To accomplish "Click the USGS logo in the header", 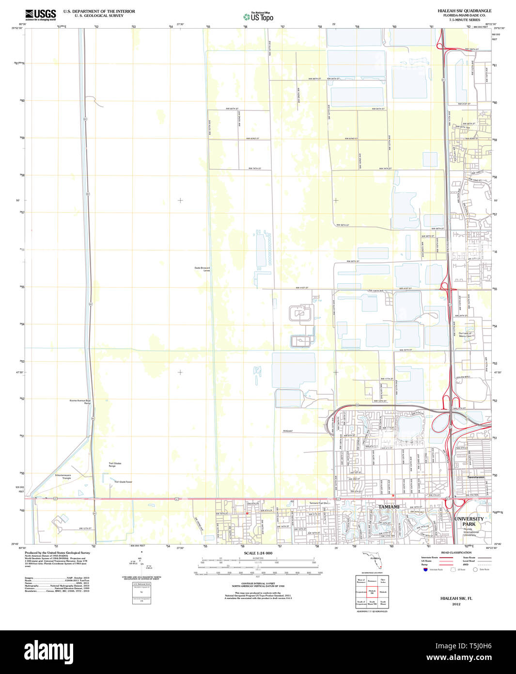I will point(41,15).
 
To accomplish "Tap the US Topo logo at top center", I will point(258,16).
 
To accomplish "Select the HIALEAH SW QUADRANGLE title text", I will point(464,11).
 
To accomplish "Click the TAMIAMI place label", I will point(389,507).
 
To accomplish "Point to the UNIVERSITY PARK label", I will point(469,521).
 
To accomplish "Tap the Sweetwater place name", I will point(476,477).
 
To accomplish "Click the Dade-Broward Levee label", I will point(202,269).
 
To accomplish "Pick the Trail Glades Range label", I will point(115,465).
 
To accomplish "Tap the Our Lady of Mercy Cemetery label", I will point(465,335).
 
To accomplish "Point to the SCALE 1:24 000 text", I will point(258,553).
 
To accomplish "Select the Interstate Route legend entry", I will point(429,558).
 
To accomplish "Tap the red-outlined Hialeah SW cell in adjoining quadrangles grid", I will point(372,592).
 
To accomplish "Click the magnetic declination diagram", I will point(141,562).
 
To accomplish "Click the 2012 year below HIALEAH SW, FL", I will point(456,604).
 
